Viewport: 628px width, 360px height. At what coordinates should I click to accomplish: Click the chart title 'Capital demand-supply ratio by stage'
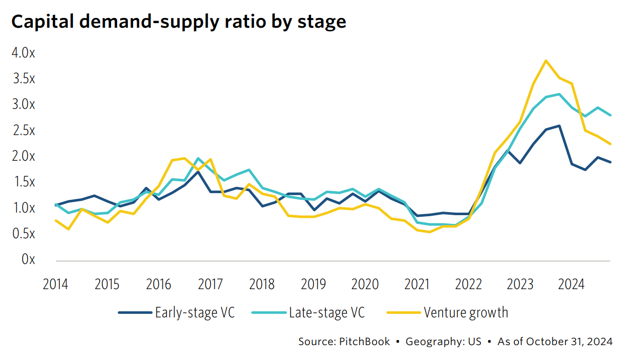click(x=178, y=22)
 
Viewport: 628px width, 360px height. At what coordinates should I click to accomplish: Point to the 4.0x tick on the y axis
click(x=23, y=53)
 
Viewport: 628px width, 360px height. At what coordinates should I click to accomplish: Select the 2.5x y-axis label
click(x=23, y=130)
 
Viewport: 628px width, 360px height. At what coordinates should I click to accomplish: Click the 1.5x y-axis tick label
click(x=23, y=182)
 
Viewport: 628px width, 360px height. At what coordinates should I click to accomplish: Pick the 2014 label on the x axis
click(x=56, y=284)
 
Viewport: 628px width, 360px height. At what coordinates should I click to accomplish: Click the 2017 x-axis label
click(x=210, y=284)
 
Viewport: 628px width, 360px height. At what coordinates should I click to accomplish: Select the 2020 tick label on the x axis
click(x=365, y=284)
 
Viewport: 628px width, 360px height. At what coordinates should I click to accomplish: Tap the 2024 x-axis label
click(x=571, y=284)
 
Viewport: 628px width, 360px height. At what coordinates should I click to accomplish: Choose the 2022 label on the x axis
click(x=468, y=284)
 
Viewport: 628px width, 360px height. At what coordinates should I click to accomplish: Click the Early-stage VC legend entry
click(x=194, y=312)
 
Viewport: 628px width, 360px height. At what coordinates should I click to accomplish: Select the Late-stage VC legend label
click(x=327, y=312)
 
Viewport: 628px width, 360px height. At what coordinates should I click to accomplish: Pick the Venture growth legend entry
click(x=466, y=312)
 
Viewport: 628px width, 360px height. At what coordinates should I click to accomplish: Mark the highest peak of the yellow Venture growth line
click(x=546, y=61)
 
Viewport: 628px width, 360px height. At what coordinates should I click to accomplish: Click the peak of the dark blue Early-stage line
click(x=559, y=125)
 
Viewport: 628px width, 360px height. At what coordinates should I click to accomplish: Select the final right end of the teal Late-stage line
click(x=610, y=116)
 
